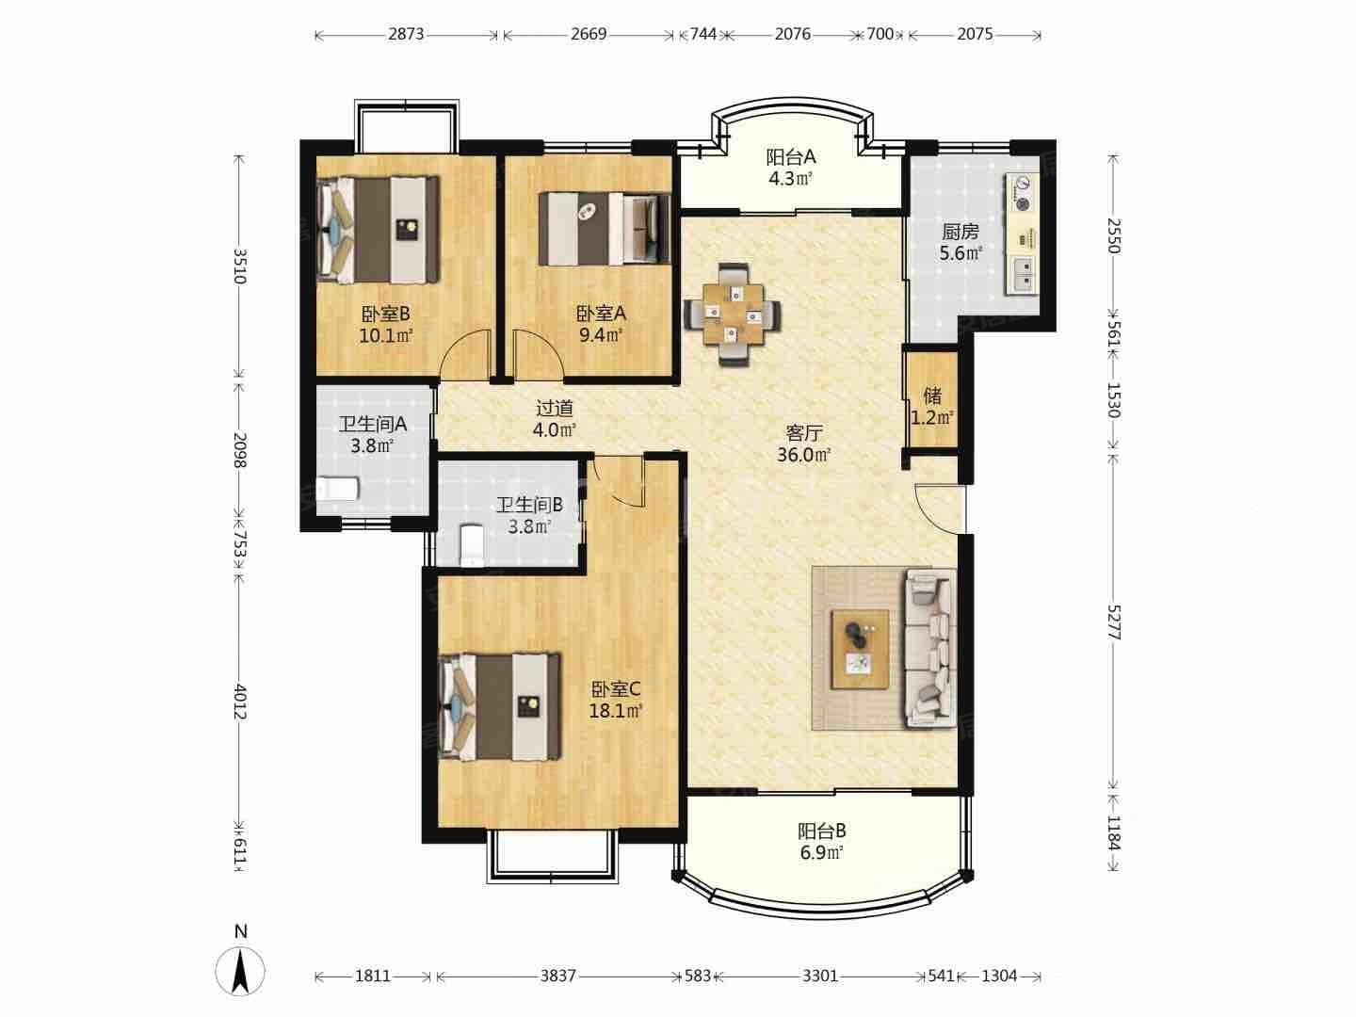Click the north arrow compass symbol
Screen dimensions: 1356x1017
click(240, 970)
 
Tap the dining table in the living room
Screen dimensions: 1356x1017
click(732, 315)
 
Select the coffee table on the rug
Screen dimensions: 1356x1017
click(860, 649)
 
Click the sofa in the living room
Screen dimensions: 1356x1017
click(931, 648)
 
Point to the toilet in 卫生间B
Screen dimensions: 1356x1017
click(473, 544)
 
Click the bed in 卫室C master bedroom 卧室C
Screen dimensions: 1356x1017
click(499, 706)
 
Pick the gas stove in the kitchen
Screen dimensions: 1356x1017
click(1023, 193)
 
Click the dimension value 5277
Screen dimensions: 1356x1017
click(1113, 621)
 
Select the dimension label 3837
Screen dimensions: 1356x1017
click(557, 976)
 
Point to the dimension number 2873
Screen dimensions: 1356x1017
click(406, 34)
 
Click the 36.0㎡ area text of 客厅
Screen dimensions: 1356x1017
click(803, 455)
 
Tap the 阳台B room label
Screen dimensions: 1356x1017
click(821, 831)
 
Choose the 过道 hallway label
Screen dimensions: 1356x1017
click(554, 408)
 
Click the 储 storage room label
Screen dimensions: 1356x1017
click(932, 395)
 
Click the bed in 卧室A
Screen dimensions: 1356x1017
click(605, 229)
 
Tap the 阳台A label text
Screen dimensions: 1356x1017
click(791, 157)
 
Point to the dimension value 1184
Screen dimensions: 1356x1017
click(1113, 833)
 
